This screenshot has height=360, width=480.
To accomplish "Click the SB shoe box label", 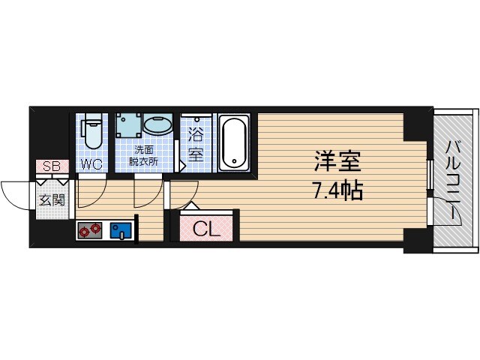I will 51,166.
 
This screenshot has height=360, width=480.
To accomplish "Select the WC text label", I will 91,164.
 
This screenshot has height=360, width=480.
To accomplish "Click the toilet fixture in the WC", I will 92,130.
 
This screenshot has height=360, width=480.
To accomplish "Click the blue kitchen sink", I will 120,231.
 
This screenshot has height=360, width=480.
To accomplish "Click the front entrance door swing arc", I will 16,195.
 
